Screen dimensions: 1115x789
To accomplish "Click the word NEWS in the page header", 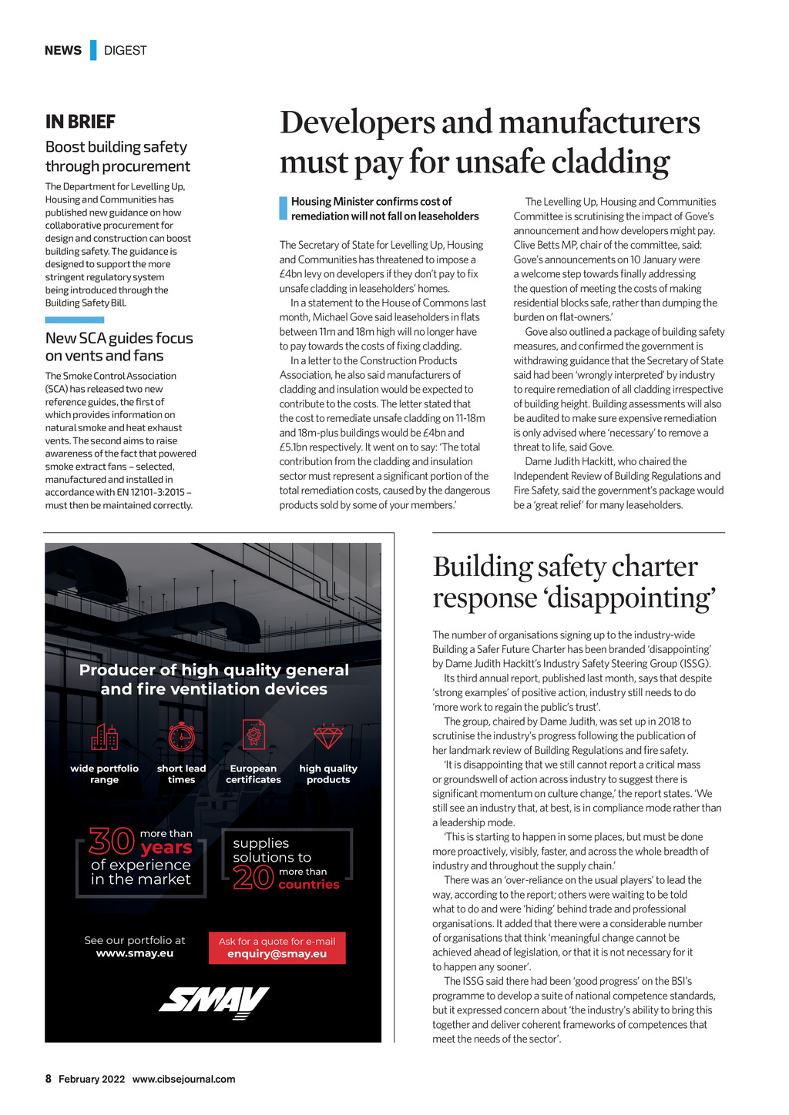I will (63, 51).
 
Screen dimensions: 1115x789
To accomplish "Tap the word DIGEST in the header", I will (125, 51).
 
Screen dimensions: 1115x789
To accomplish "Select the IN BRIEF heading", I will (80, 122).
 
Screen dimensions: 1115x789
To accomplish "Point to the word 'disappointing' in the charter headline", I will (631, 598).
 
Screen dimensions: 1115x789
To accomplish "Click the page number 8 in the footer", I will (49, 1079).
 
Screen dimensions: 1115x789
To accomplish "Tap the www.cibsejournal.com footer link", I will (183, 1079).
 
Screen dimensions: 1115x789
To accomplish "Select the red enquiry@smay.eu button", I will (277, 948).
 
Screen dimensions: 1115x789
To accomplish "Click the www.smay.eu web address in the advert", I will (135, 953).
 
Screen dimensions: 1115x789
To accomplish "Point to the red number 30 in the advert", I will (112, 841).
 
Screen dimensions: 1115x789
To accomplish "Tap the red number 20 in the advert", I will (253, 878).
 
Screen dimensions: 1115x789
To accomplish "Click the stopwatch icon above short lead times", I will (182, 736).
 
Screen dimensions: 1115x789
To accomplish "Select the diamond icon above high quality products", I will (328, 737).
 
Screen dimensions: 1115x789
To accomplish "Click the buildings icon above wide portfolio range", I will (105, 737).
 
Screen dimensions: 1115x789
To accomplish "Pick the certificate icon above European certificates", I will (253, 735).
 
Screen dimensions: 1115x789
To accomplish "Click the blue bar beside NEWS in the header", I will (93, 50).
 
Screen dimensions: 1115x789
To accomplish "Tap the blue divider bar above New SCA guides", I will (74, 320).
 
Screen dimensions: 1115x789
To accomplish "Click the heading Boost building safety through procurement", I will (117, 156).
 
